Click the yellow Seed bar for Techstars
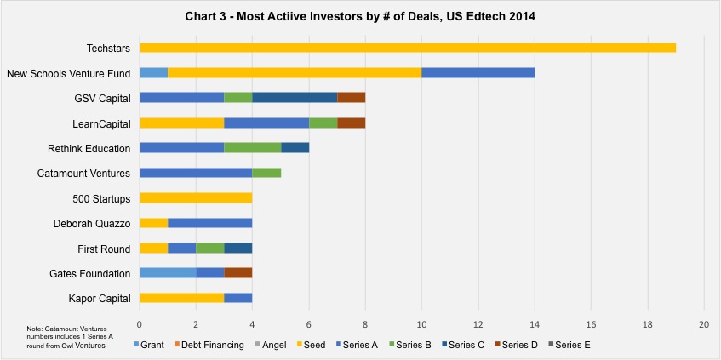click(408, 48)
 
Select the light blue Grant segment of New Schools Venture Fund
click(153, 72)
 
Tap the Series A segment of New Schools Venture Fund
click(478, 72)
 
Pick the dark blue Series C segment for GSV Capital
click(295, 98)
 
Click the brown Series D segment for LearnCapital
click(352, 123)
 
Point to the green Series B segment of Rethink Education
click(253, 148)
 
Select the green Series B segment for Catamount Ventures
click(266, 173)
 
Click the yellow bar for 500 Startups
click(196, 198)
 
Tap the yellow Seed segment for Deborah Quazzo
click(153, 224)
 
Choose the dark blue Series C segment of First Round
click(238, 249)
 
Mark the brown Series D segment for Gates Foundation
click(238, 273)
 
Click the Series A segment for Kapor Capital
click(238, 299)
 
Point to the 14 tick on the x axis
click(535, 324)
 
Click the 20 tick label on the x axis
click(704, 324)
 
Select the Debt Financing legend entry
click(209, 345)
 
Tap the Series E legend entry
click(569, 345)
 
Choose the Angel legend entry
click(272, 345)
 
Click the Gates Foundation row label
click(89, 274)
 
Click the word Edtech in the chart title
click(480, 17)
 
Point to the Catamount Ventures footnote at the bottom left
click(70, 337)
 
